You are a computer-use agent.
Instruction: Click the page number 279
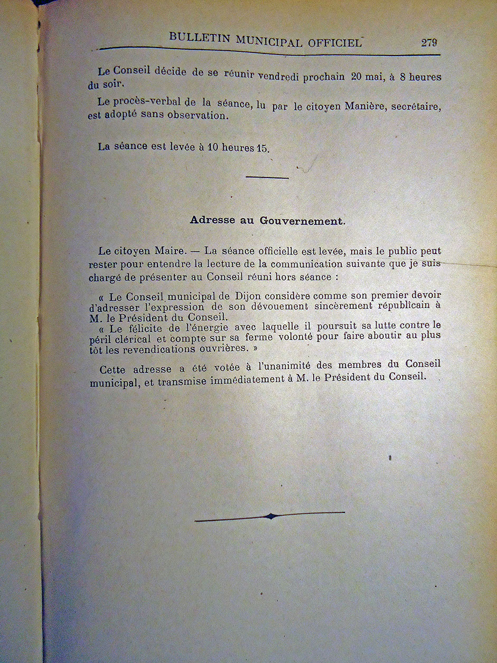[x=429, y=43]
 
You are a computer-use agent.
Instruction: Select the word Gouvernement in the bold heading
[x=301, y=221]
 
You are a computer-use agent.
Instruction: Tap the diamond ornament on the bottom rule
[x=270, y=516]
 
